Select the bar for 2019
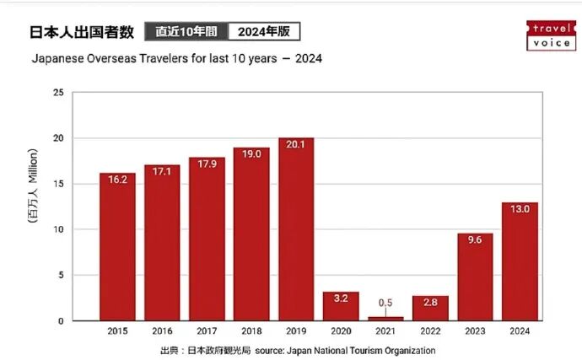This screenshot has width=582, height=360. click(296, 229)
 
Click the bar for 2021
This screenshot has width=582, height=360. click(385, 318)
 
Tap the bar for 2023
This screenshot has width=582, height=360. click(475, 277)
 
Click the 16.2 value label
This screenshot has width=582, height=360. click(117, 180)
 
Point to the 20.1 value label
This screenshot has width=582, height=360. click(296, 144)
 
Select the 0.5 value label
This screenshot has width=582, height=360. click(385, 303)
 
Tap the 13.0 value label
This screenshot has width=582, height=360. click(520, 209)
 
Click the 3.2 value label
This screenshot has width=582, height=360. click(341, 298)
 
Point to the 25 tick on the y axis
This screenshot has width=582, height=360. click(58, 93)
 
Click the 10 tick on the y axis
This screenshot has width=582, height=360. click(58, 229)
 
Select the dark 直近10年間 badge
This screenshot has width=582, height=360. click(186, 32)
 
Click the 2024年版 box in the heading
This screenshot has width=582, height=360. click(264, 32)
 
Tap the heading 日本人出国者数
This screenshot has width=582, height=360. click(82, 32)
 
